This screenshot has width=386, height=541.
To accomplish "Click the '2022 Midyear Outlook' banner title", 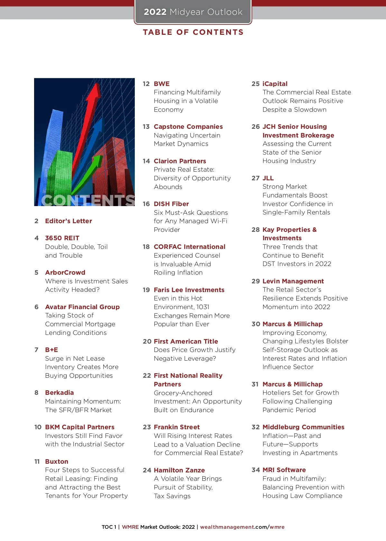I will click(x=193, y=12).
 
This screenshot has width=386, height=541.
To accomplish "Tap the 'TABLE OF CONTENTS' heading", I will click(x=193, y=32).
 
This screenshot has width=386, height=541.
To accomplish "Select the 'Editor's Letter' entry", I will click(x=69, y=221).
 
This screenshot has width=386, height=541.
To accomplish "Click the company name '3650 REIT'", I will click(x=62, y=238).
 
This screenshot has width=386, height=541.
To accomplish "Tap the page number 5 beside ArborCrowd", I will click(x=36, y=272).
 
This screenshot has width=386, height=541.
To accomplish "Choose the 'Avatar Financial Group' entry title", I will click(x=82, y=307).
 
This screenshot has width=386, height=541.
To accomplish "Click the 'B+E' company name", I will click(x=51, y=350).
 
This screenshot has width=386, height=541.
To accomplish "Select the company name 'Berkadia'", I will click(x=60, y=393).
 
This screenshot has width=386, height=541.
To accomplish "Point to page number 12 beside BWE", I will click(x=146, y=84).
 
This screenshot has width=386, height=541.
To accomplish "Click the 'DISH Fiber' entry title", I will click(x=171, y=204).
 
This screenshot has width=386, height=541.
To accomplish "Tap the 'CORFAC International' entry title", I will click(x=189, y=247).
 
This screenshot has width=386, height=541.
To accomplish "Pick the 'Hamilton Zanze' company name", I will click(x=179, y=470).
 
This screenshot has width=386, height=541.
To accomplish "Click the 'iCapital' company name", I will click(x=275, y=84).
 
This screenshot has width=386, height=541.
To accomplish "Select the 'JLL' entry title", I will click(x=268, y=178).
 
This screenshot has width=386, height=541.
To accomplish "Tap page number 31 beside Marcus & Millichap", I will click(x=255, y=384).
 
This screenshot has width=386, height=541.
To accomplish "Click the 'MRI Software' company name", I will click(x=284, y=470).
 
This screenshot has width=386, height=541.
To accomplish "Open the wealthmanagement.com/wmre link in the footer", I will click(x=242, y=527).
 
